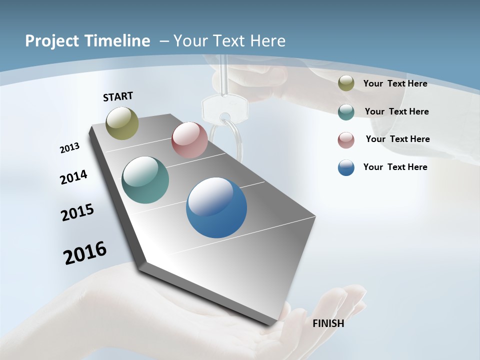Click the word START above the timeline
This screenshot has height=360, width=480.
point(118,96)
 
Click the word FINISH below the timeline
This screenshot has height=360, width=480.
point(328,323)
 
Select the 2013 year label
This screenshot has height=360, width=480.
point(69,148)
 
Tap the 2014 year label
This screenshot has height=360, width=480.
point(73,177)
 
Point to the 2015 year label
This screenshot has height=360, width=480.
point(77,212)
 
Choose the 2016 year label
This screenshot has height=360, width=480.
point(85,253)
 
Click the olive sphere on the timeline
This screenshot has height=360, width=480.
point(122,123)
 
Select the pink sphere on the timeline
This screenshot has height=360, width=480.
point(189,140)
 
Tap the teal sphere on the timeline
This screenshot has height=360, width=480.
point(145,180)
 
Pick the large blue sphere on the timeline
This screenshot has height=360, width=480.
point(216,207)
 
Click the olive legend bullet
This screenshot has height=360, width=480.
point(346,83)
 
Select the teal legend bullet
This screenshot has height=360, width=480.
point(346,111)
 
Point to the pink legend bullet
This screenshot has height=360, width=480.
point(346,139)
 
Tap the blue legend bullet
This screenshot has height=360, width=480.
point(346,167)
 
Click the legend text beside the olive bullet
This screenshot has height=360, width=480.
point(395,83)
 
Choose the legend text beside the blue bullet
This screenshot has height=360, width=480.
point(395,167)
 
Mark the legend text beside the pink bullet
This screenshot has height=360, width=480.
point(397,139)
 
